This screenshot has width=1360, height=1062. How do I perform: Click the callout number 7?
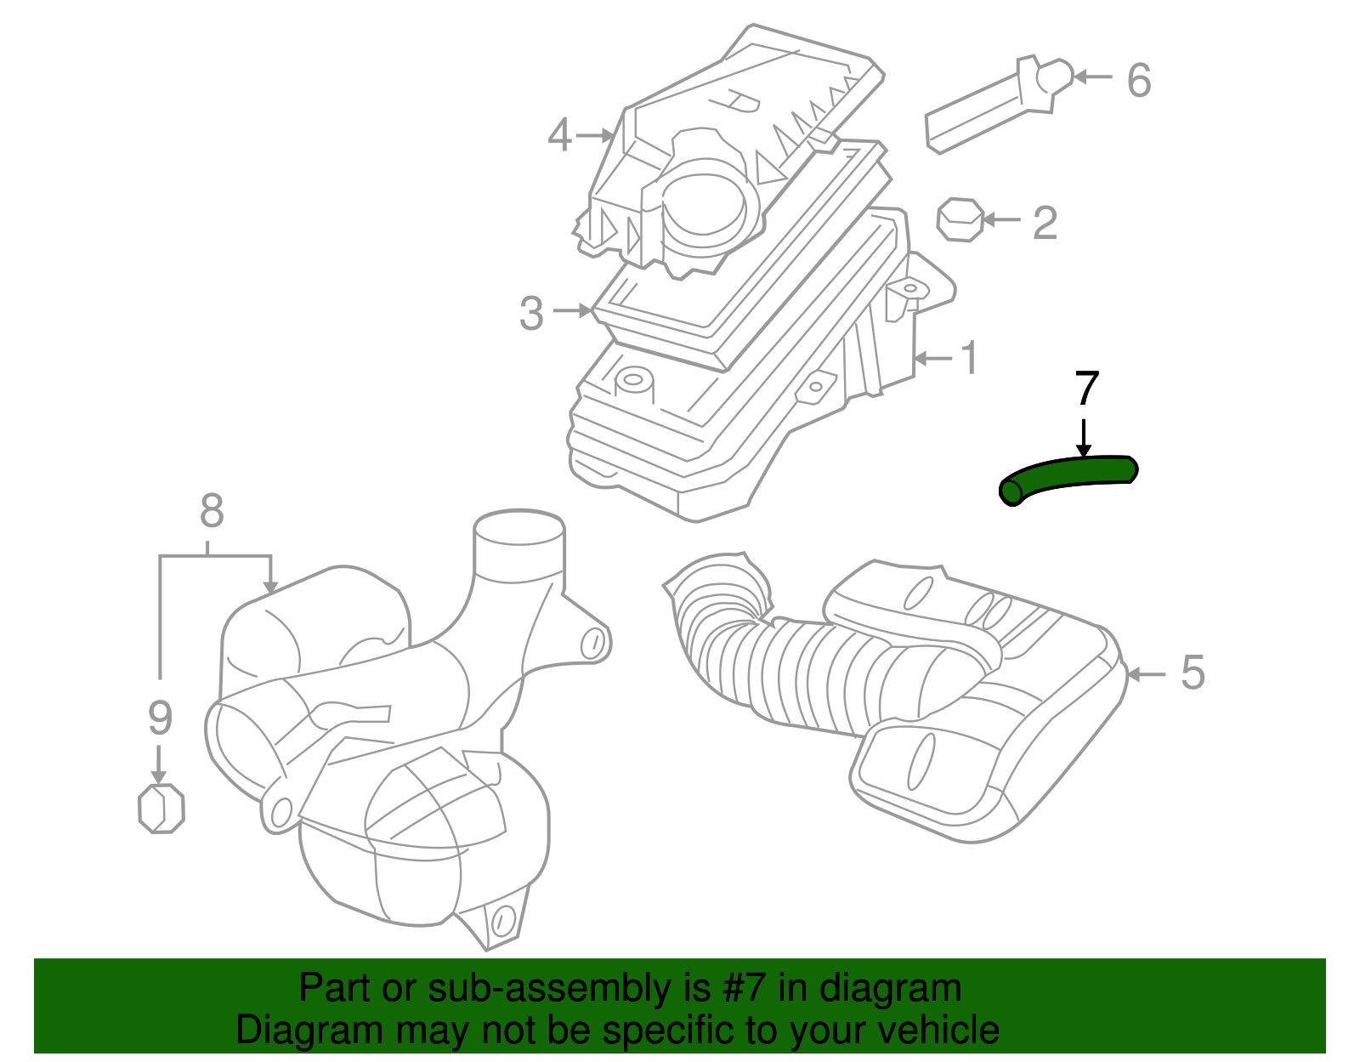pyautogui.click(x=1087, y=389)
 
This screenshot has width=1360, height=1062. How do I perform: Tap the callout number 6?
pyautogui.click(x=1139, y=80)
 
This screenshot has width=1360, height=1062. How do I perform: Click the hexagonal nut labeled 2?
pyautogui.click(x=960, y=220)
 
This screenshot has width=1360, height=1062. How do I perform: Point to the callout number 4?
pyautogui.click(x=559, y=135)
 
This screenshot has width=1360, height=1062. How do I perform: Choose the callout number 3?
pyautogui.click(x=531, y=314)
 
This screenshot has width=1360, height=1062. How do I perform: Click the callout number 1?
pyautogui.click(x=969, y=358)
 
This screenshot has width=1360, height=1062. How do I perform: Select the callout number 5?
pyautogui.click(x=1193, y=673)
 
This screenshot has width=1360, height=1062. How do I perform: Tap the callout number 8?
pyautogui.click(x=212, y=512)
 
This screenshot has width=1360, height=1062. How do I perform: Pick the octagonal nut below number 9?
pyautogui.click(x=161, y=808)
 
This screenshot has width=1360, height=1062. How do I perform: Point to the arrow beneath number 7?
pyautogui.click(x=1083, y=437)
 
